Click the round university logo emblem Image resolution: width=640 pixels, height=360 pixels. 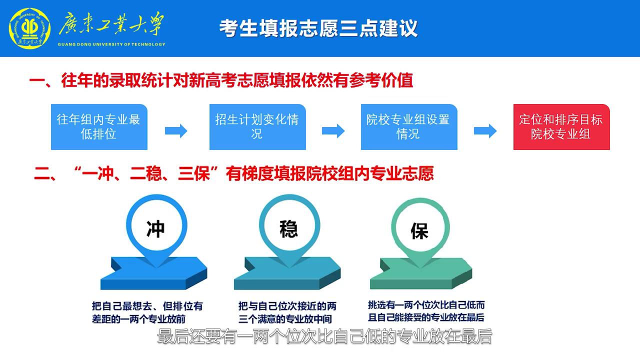tap(30, 28)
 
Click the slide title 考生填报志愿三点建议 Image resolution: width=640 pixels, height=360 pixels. tap(318, 28)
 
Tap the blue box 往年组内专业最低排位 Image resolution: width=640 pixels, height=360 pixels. tap(99, 127)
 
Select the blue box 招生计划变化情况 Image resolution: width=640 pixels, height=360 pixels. tap(257, 127)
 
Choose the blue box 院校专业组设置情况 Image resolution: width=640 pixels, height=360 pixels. tap(408, 127)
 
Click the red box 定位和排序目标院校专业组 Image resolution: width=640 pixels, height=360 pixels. tap(561, 127)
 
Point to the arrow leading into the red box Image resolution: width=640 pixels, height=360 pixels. tap(485, 131)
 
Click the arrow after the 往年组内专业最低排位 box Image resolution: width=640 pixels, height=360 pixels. tap(176, 131)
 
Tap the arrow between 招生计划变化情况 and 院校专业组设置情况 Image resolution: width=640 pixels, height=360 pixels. tap(333, 131)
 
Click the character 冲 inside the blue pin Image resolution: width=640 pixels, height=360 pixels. tap(155, 229)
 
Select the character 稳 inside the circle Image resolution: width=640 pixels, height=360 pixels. tap(289, 228)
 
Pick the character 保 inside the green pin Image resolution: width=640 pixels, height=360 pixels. tap(419, 230)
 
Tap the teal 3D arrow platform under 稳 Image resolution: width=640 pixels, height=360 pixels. tap(287, 273)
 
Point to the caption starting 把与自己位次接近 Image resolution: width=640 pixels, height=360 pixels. tap(287, 312)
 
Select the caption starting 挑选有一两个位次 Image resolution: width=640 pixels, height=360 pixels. tap(426, 311)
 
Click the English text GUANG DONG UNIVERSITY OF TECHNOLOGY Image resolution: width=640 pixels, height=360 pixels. tap(111, 44)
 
